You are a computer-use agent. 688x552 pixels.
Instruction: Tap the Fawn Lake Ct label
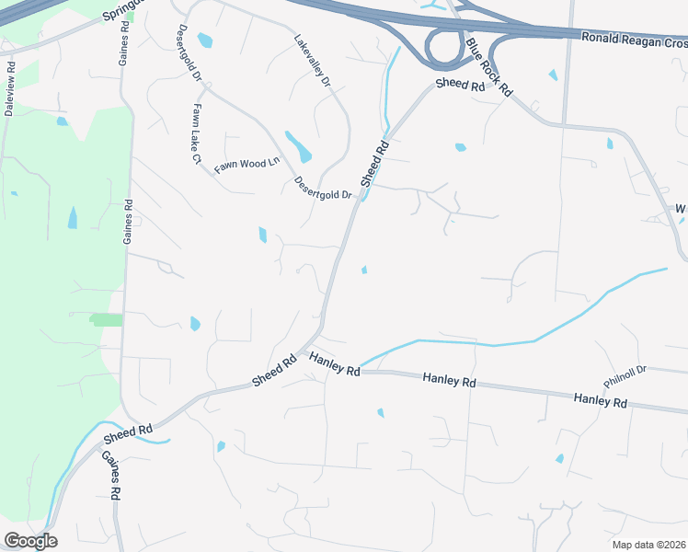[195, 133]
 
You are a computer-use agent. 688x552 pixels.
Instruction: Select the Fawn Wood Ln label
[247, 165]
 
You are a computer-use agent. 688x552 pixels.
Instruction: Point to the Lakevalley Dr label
[313, 61]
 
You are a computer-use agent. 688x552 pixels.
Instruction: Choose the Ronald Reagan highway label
[634, 41]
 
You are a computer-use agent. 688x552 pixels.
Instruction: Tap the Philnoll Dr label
[625, 375]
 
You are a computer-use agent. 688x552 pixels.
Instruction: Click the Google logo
[30, 541]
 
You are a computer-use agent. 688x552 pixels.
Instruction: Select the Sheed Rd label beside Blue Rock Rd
[460, 84]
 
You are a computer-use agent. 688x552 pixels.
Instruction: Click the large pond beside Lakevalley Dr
[298, 146]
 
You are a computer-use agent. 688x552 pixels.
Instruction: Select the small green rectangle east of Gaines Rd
[107, 319]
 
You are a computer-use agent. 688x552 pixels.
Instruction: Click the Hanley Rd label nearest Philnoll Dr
[600, 400]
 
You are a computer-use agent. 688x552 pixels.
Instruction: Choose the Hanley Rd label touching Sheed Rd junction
[334, 364]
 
